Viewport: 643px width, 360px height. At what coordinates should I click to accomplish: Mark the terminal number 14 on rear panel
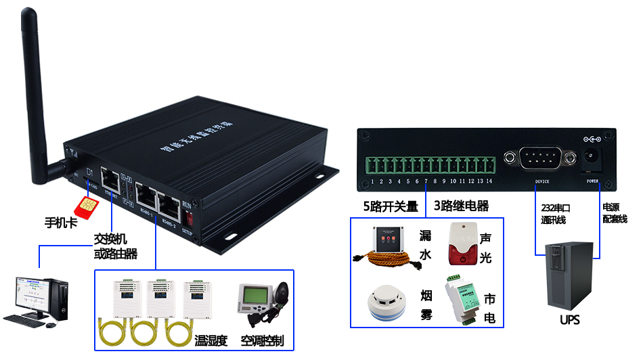click(x=489, y=181)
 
